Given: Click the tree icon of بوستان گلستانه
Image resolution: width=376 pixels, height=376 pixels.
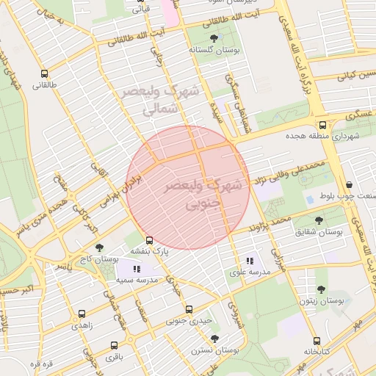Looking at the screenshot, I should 214,37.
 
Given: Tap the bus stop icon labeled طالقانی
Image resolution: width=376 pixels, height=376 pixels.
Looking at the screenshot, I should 46,73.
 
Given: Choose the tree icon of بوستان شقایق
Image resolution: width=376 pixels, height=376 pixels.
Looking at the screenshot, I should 319,220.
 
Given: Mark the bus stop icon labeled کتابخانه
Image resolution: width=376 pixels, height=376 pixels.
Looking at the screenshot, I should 317,341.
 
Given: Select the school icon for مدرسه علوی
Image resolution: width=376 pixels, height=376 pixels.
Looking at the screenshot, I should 250,260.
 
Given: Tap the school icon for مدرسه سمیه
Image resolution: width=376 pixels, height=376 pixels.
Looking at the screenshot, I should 137,270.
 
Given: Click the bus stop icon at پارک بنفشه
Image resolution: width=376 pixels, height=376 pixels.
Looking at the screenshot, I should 150,240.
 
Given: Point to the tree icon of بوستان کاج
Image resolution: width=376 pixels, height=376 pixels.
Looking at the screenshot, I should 99,248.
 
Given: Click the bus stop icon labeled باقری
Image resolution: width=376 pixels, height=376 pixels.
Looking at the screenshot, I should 114,345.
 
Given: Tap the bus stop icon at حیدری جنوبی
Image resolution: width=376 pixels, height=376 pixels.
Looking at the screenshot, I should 189,309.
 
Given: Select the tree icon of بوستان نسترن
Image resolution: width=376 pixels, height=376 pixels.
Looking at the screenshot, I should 214,339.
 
